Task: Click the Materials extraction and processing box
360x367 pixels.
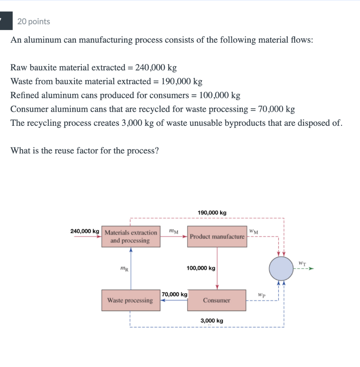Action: coord(131,237)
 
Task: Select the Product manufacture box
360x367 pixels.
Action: coord(217,237)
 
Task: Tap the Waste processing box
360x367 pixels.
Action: coord(130,300)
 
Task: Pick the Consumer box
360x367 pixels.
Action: coord(217,300)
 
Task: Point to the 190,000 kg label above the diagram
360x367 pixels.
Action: coord(212,213)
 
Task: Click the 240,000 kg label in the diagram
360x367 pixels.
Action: coord(85,231)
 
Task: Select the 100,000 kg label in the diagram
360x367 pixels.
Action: coord(201,268)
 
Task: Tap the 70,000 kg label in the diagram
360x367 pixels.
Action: coord(174,294)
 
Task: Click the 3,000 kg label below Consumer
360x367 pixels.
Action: coord(212,321)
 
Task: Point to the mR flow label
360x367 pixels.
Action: coord(123,268)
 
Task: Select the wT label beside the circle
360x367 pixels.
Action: coord(302,263)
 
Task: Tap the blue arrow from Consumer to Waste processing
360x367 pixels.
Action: coord(174,300)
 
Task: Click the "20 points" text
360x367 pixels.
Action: coord(34,22)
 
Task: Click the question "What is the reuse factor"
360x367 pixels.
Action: coord(85,151)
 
